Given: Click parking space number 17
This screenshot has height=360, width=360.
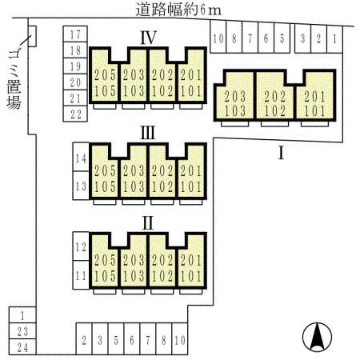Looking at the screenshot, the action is click(75, 34).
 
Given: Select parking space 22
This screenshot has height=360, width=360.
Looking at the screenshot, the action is click(75, 114).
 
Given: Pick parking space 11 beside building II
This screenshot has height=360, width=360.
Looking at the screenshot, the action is click(81, 275).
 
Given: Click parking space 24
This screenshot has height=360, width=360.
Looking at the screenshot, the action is click(22, 347).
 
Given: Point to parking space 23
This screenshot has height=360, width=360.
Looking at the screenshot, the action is click(22, 331).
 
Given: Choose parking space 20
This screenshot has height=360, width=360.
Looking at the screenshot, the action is click(75, 82).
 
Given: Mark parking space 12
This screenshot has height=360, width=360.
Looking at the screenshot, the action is click(81, 246).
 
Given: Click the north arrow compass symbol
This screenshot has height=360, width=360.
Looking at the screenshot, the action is click(318, 337).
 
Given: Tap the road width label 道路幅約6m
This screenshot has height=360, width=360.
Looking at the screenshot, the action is click(178, 10).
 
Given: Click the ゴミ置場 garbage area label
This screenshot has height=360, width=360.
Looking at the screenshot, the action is click(14, 80).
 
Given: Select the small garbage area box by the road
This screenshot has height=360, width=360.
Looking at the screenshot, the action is click(32, 36).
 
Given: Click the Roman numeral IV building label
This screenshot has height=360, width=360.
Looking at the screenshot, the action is click(148, 38).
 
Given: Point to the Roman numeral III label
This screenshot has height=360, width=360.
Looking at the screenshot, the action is click(148, 133).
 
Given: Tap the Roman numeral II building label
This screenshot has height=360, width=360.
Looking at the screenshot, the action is click(148, 223).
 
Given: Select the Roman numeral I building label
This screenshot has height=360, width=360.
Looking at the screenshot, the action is click(281, 153).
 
